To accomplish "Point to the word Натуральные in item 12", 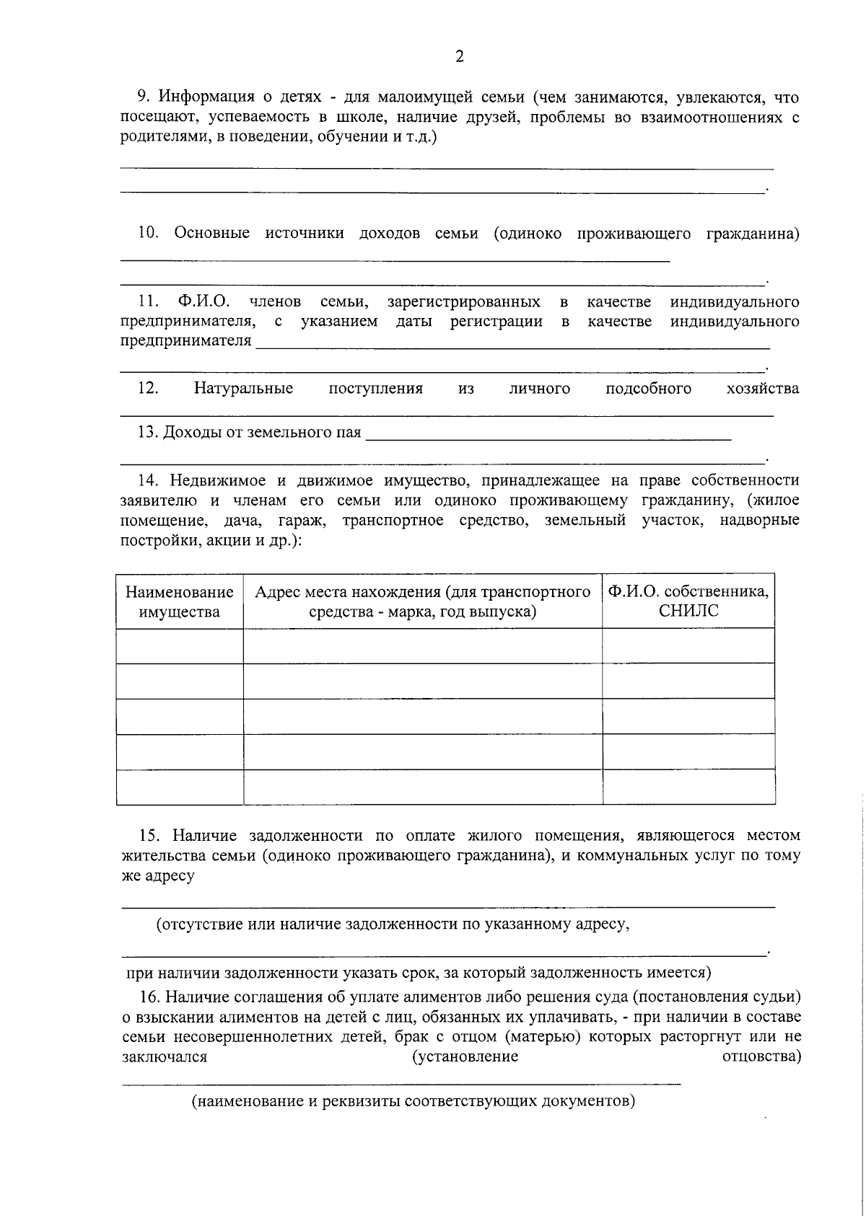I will point(243,389).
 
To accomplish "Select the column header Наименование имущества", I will point(180,602).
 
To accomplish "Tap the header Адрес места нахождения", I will point(423,593).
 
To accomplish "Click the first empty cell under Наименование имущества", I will point(180,645).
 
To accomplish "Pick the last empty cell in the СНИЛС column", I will point(688,787).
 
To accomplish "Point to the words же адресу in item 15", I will point(157,876).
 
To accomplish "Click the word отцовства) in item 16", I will point(761,1057).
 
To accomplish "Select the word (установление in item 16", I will point(465,1057).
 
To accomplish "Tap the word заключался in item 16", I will point(165,1057).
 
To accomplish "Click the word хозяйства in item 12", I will point(763,389).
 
